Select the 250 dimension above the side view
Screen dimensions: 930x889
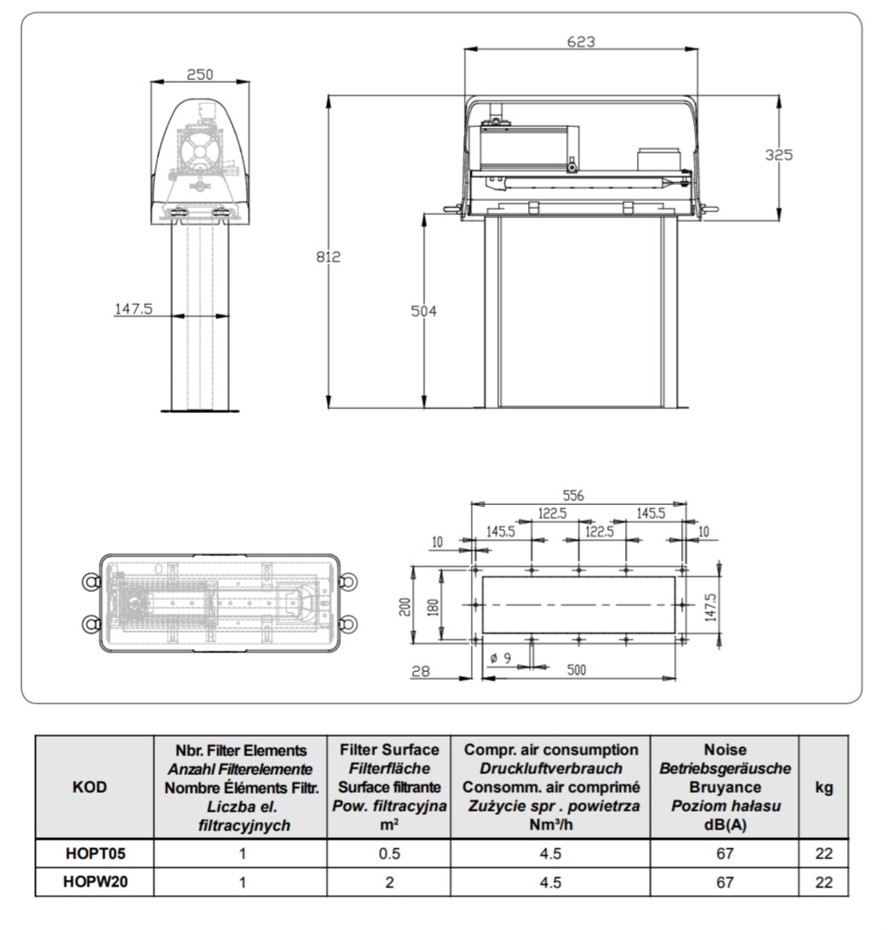tap(199, 75)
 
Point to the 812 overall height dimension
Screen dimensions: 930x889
tap(330, 256)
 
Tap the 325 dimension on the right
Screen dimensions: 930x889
tap(778, 155)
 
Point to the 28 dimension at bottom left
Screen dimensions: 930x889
tap(419, 672)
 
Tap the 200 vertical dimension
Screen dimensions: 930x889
tap(407, 606)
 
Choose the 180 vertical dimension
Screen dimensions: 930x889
tap(435, 606)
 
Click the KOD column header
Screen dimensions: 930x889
tap(90, 787)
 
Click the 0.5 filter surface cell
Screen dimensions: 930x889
tap(389, 852)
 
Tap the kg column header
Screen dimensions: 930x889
tap(823, 787)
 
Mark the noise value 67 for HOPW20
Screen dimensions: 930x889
tap(725, 882)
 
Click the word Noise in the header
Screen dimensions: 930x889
tap(725, 750)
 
